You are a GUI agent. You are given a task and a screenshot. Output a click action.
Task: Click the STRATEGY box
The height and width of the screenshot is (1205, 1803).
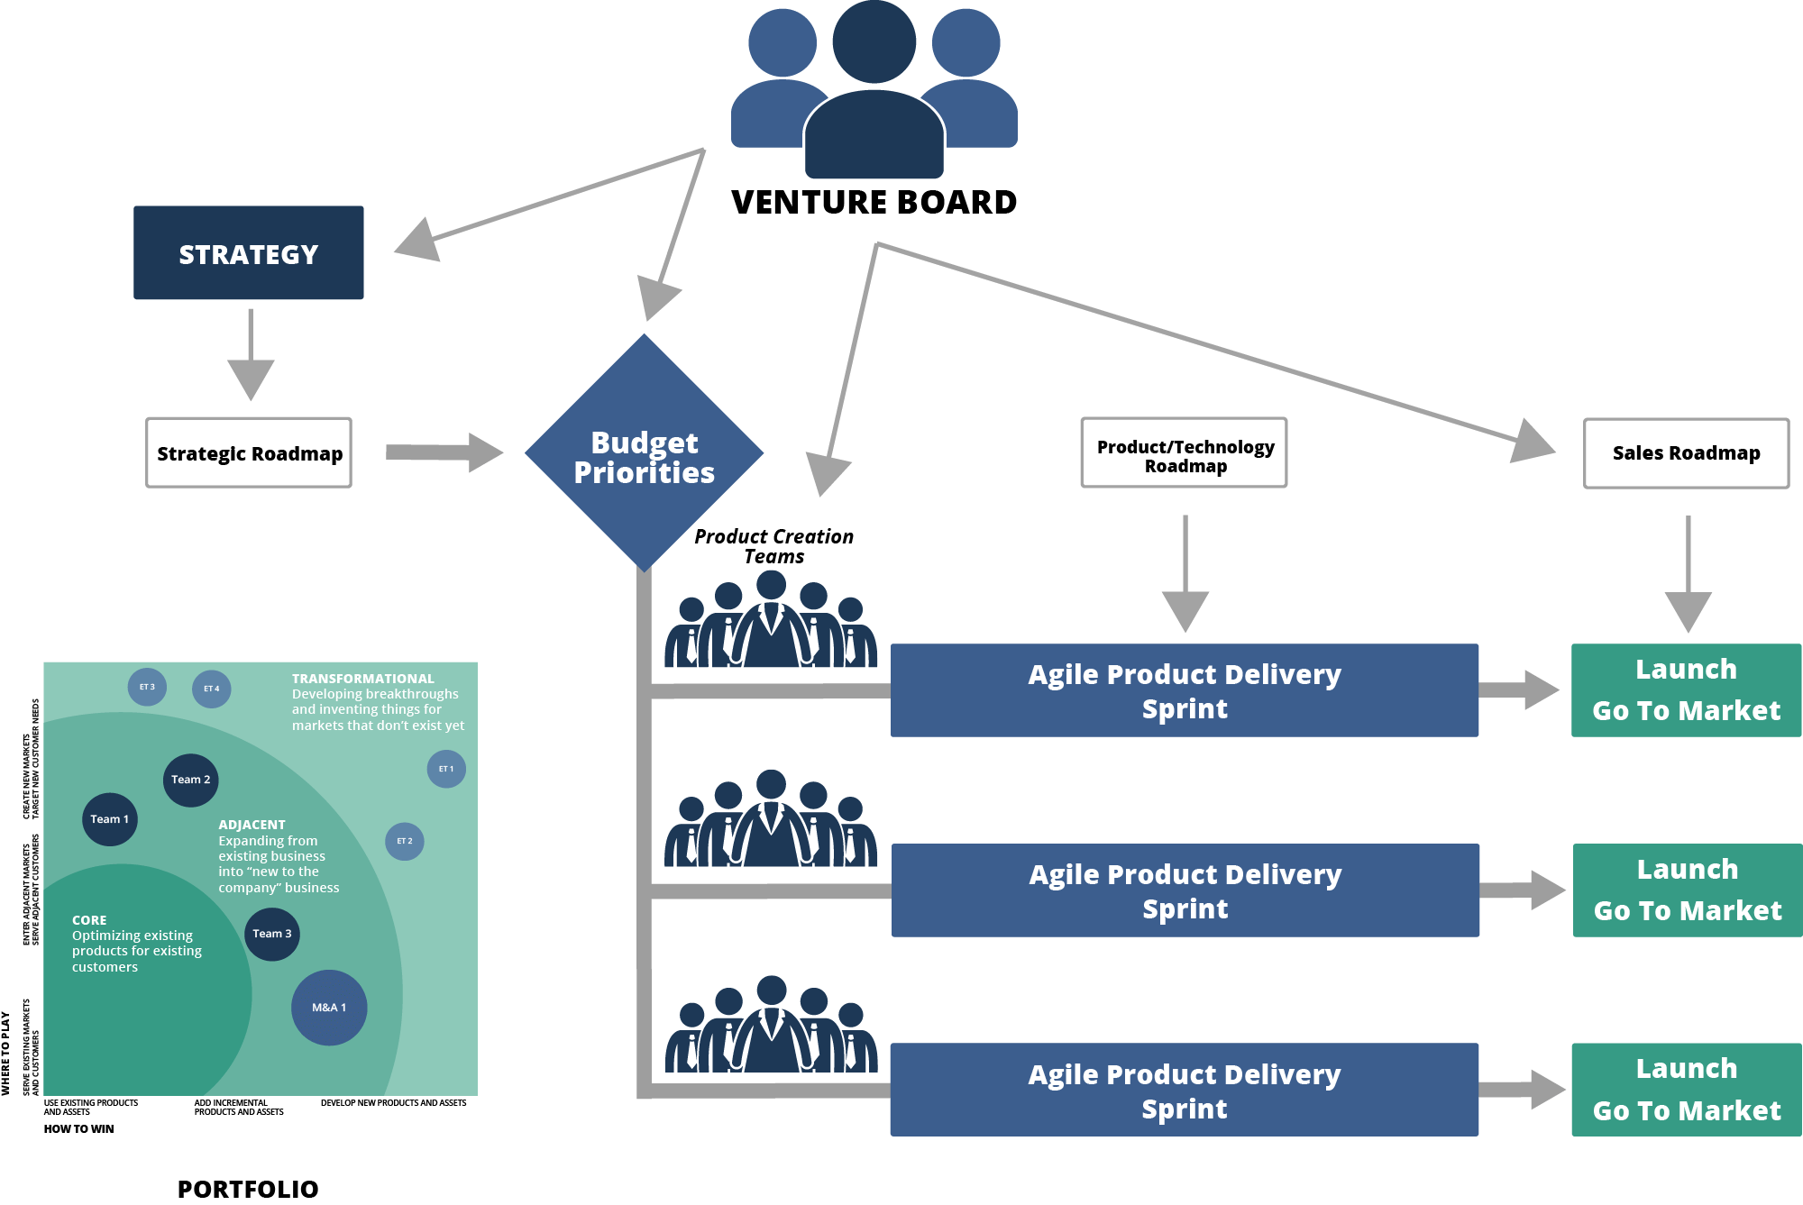pos(249,253)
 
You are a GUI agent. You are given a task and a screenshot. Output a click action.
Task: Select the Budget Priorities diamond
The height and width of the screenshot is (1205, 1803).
pos(644,453)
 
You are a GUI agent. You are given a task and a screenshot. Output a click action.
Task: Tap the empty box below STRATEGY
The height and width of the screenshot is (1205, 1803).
pos(249,452)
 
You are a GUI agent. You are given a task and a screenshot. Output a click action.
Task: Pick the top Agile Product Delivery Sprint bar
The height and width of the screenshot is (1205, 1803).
pos(1184,690)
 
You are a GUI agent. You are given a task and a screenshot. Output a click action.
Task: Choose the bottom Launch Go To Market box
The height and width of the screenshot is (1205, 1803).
pos(1686,1089)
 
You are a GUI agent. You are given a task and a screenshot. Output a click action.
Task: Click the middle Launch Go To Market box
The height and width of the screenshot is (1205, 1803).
pos(1687,890)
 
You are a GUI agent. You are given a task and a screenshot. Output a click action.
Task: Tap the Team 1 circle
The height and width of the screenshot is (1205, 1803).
pos(110,819)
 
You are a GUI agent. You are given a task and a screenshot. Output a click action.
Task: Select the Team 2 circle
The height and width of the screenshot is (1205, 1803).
pos(190,780)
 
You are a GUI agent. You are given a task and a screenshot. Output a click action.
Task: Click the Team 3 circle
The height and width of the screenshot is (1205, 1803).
pos(271,934)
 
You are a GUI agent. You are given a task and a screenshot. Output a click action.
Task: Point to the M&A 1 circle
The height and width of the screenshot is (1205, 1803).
pos(329,1008)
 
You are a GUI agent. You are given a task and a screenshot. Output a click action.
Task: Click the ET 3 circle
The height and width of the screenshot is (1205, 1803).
pos(147,687)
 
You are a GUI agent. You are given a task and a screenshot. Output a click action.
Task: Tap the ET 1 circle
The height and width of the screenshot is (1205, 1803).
pos(446,769)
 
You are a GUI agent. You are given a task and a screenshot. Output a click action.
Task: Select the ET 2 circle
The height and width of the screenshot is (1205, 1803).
pos(405,841)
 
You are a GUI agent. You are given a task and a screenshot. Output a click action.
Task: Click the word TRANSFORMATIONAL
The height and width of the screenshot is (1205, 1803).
pos(362,679)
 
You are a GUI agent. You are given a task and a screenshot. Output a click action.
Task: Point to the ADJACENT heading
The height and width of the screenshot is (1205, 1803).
pos(252,825)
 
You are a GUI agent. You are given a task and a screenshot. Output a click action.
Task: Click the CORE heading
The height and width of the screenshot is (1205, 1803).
pos(89,920)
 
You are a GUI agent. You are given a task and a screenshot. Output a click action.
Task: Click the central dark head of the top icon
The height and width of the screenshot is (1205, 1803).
pos(874,42)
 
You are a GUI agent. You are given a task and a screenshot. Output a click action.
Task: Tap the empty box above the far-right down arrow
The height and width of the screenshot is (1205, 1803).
pos(1686,453)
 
